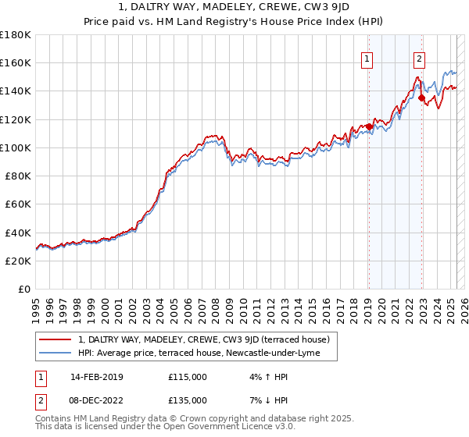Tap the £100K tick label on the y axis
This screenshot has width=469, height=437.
coord(16,147)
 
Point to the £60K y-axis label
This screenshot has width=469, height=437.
coord(18,204)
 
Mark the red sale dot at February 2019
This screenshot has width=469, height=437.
coord(368,126)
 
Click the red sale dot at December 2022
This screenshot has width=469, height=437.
coord(421,98)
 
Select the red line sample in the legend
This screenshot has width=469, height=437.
coord(55,339)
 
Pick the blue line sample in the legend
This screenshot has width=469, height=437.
coord(55,354)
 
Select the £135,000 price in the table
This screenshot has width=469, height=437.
coord(188,400)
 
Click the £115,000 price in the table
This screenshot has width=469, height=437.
coord(188,377)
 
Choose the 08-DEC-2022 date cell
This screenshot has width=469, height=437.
coord(101,400)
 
